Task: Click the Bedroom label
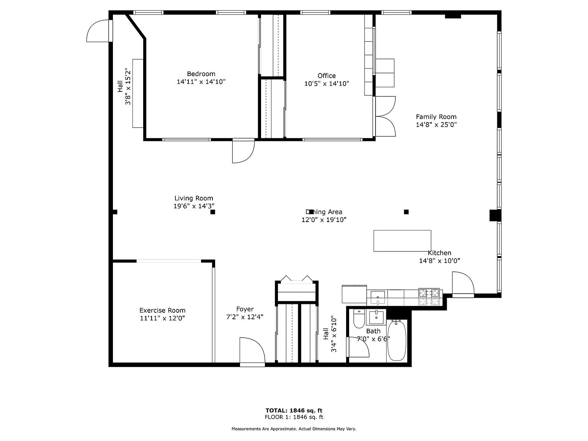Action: (x=201, y=73)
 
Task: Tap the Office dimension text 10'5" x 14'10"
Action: (x=327, y=83)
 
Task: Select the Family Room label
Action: (x=436, y=117)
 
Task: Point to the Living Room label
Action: (x=194, y=198)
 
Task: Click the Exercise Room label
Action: (x=162, y=310)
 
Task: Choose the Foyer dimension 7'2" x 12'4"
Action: (x=245, y=317)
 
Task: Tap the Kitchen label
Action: (x=439, y=253)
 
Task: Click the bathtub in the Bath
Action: (x=397, y=341)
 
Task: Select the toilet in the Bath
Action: (x=359, y=318)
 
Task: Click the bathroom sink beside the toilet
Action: (x=376, y=317)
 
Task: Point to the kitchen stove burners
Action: (x=429, y=297)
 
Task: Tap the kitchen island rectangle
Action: (x=402, y=241)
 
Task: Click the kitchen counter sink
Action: (x=378, y=297)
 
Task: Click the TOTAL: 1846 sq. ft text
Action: (x=294, y=410)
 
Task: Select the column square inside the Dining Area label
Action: (x=311, y=212)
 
